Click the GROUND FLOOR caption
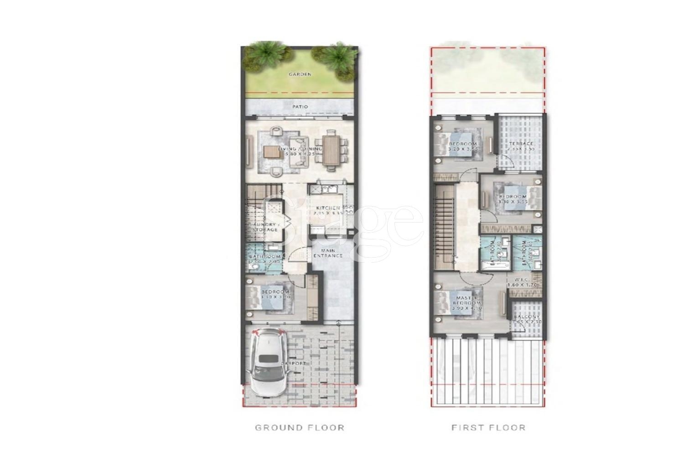[x=299, y=427]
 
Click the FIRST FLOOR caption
[x=488, y=427]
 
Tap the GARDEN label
[x=300, y=74]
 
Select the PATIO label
[x=300, y=107]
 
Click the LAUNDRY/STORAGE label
[x=263, y=227]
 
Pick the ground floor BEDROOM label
[x=275, y=292]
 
